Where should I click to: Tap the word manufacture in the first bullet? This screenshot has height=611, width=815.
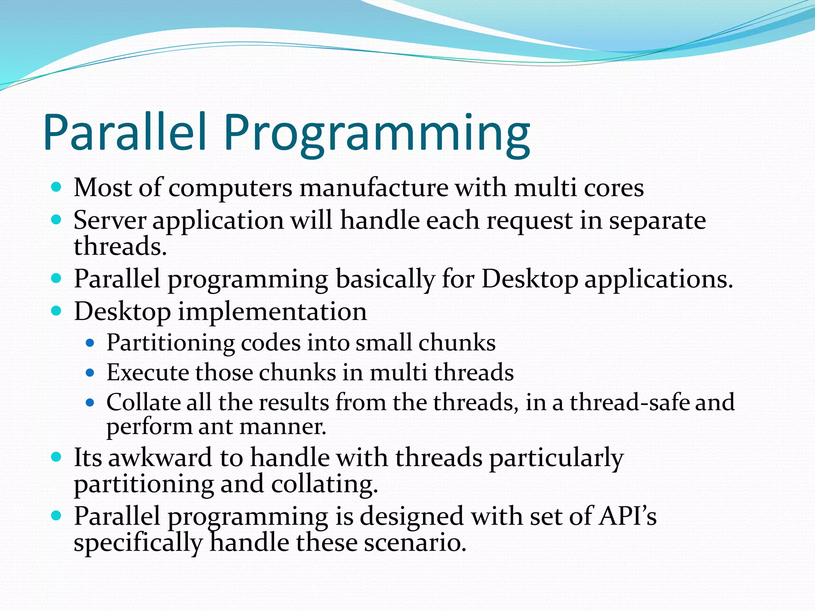tap(374, 188)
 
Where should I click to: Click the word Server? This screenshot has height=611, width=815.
tap(110, 220)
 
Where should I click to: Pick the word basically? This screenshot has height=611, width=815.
tap(385, 279)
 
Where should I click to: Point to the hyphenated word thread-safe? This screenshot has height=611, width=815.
tap(630, 402)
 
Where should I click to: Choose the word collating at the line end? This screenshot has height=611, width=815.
tap(324, 485)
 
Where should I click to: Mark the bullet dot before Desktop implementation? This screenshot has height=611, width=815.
tap(57, 310)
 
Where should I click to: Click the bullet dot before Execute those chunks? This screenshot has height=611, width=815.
tap(90, 373)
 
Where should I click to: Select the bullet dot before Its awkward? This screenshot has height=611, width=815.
tap(57, 457)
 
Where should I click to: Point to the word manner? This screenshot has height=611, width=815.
tap(283, 427)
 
